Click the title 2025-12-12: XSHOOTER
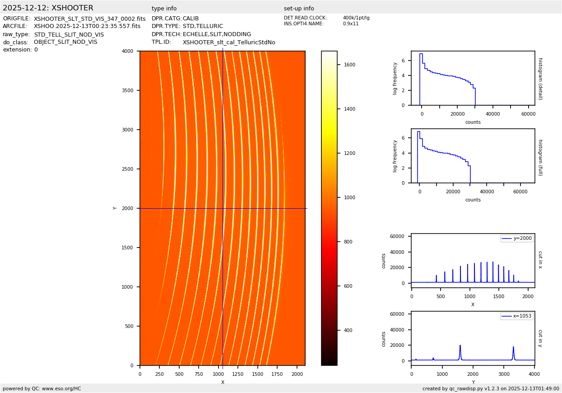click(x=48, y=8)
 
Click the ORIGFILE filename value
click(x=89, y=19)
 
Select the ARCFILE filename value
click(x=87, y=27)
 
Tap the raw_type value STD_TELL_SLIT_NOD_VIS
click(x=69, y=35)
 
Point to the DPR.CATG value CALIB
click(x=190, y=19)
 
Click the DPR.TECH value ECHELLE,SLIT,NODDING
click(x=217, y=34)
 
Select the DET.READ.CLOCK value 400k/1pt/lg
click(x=356, y=18)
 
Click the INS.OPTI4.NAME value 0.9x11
click(x=350, y=24)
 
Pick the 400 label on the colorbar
click(x=348, y=331)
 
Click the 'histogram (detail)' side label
click(x=540, y=79)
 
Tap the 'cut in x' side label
click(x=540, y=260)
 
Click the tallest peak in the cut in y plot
click(x=460, y=346)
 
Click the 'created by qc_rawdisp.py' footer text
click(x=491, y=388)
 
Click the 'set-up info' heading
click(x=299, y=9)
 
